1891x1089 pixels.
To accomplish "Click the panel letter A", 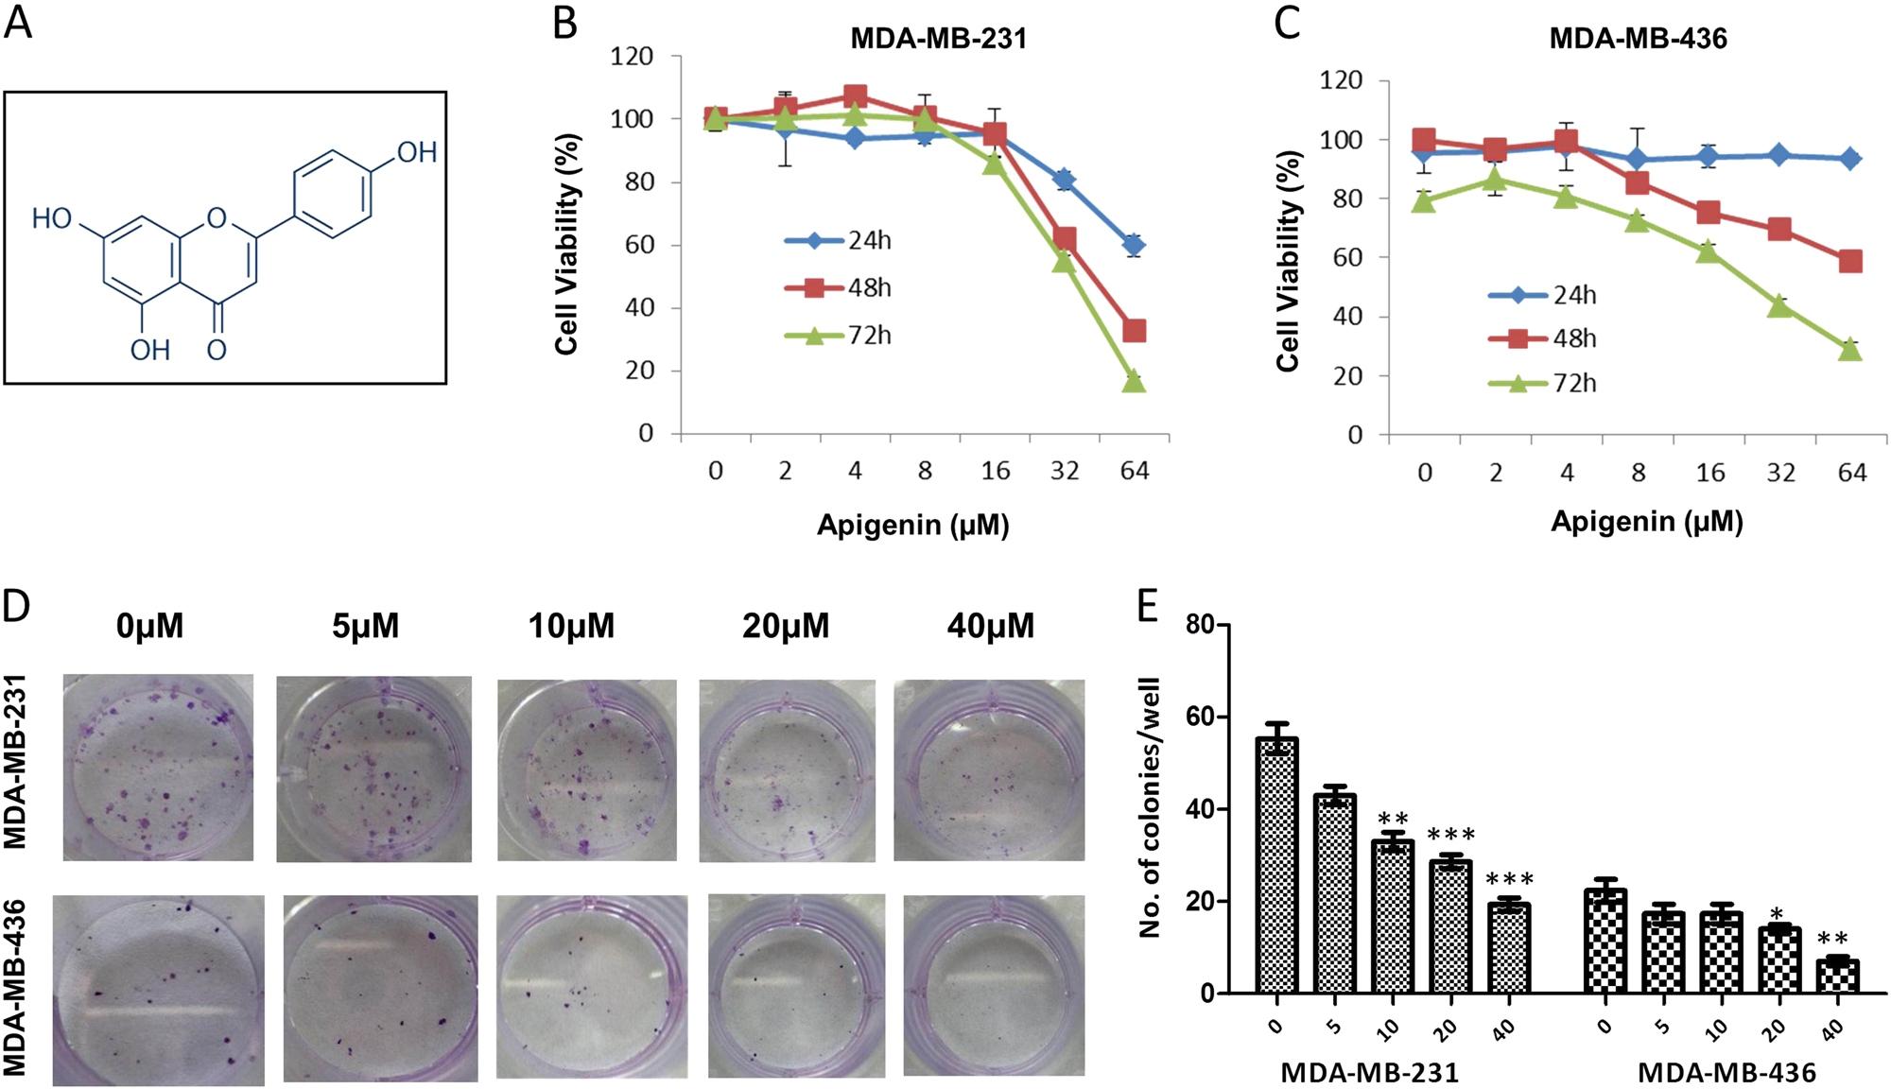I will pyautogui.click(x=18, y=22).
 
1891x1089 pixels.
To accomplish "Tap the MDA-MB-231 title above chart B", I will pyautogui.click(x=938, y=39).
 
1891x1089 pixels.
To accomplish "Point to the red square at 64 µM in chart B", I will pyautogui.click(x=1134, y=331).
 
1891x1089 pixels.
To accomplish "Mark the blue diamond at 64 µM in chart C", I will pyautogui.click(x=1850, y=159).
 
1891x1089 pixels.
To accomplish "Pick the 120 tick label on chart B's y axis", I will pyautogui.click(x=632, y=57).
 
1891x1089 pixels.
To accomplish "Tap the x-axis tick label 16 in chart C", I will pyautogui.click(x=1709, y=473).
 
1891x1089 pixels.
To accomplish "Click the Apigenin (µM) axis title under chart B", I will pyautogui.click(x=912, y=525).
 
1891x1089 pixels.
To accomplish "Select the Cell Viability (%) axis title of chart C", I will pyautogui.click(x=1288, y=261).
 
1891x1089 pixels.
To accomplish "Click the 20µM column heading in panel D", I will pyautogui.click(x=785, y=626).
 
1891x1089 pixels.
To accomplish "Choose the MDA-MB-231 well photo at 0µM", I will pyautogui.click(x=158, y=767).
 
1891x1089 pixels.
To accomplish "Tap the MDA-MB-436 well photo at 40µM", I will pyautogui.click(x=994, y=984).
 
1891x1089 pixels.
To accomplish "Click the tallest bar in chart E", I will pyautogui.click(x=1276, y=865).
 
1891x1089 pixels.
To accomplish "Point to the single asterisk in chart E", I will pyautogui.click(x=1777, y=914).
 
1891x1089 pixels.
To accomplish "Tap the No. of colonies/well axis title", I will pyautogui.click(x=1150, y=807).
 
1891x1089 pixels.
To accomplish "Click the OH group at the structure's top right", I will pyautogui.click(x=416, y=152).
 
